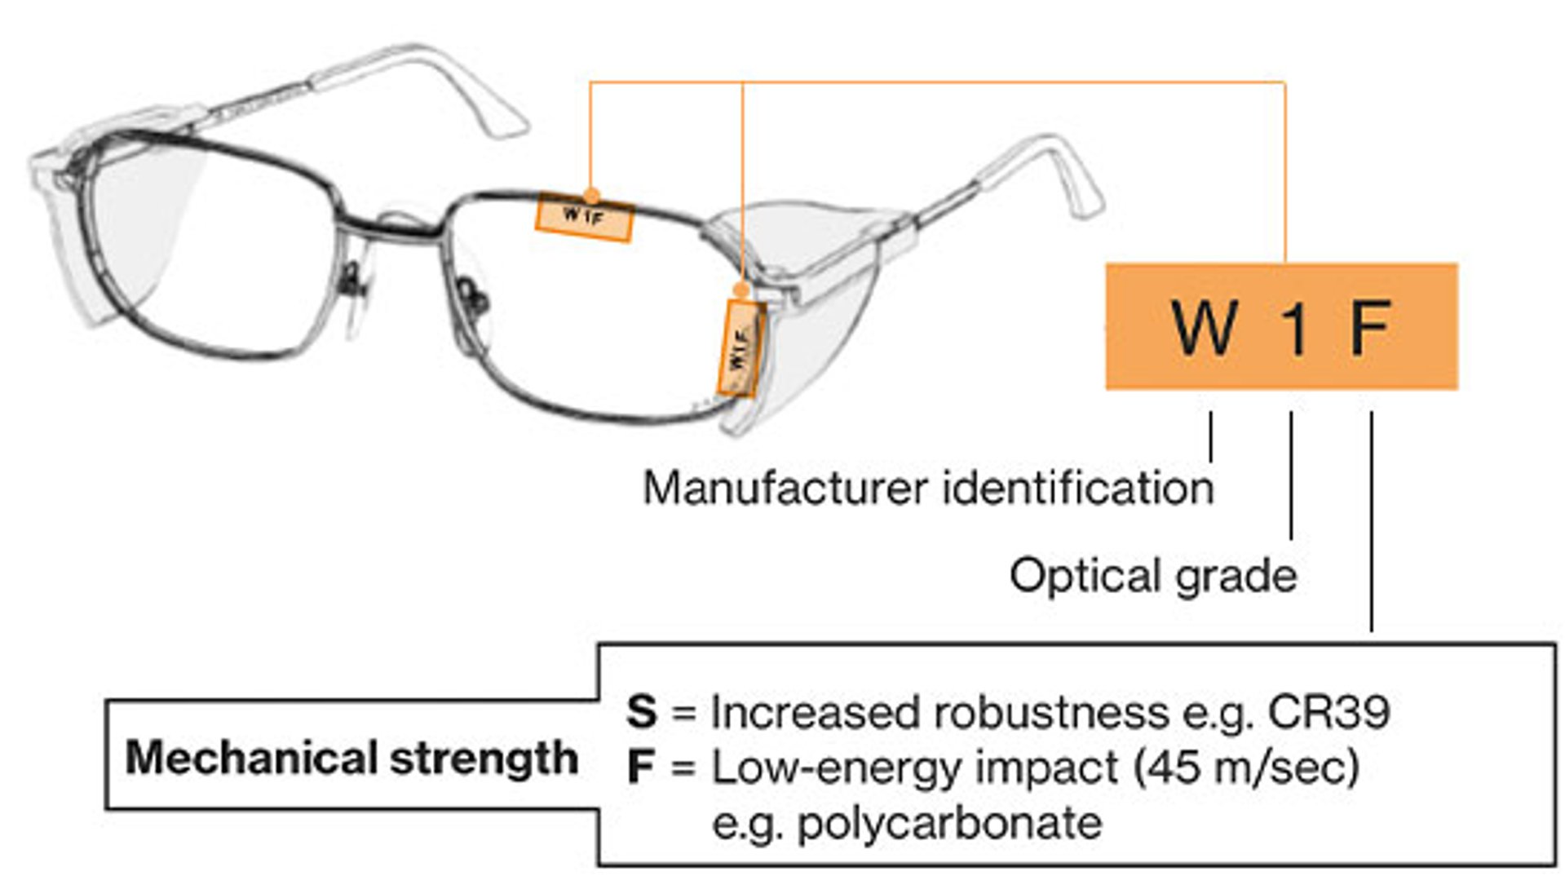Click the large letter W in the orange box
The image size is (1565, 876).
point(1205,328)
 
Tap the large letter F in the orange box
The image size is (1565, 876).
point(1370,328)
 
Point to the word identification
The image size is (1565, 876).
point(1078,489)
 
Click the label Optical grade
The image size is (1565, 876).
point(1152,575)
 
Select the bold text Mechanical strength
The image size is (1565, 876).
point(351,758)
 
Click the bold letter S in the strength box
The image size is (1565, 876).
point(641,711)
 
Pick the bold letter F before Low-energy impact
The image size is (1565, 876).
point(641,768)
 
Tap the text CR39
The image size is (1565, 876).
point(1328,712)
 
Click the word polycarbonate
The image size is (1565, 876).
point(949,823)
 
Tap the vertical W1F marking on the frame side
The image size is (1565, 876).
point(741,347)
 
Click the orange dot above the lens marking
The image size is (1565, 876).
point(592,194)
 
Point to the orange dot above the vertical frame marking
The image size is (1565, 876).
point(741,290)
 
